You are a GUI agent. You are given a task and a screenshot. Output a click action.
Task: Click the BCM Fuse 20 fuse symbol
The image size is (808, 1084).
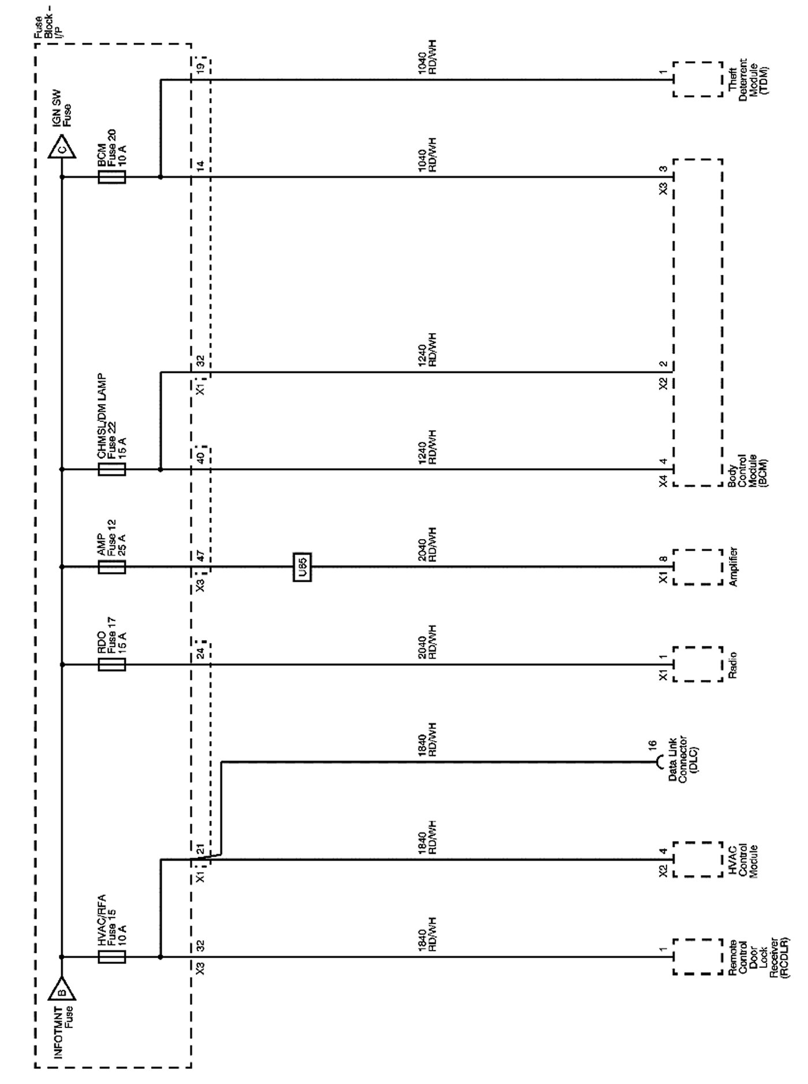(x=112, y=177)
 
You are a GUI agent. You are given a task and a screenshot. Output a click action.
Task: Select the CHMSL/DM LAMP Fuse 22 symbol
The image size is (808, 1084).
(x=112, y=469)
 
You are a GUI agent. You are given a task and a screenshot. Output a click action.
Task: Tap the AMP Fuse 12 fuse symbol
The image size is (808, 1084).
(x=112, y=567)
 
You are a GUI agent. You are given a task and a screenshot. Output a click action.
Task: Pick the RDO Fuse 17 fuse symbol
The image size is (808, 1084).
(x=112, y=664)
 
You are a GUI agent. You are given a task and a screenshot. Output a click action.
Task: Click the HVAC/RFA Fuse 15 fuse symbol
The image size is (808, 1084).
(x=112, y=957)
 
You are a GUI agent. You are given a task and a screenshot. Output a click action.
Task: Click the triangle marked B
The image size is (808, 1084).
(x=62, y=990)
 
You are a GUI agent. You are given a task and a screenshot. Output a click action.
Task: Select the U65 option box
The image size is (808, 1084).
(x=302, y=567)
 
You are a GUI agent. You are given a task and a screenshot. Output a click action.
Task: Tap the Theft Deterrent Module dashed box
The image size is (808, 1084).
(x=697, y=80)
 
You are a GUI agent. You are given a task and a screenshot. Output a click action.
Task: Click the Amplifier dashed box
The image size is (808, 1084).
(x=697, y=567)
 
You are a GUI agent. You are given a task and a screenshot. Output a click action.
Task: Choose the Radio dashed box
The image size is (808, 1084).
(x=697, y=664)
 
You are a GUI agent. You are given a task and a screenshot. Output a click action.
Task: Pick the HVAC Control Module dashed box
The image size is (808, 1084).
(x=697, y=859)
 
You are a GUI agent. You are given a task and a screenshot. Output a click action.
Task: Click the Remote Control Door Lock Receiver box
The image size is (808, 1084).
(x=697, y=957)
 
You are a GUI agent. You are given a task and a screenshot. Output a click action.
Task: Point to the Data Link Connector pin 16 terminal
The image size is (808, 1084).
(x=660, y=762)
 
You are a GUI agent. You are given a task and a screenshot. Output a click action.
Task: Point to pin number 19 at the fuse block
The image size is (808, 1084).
(x=200, y=68)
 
